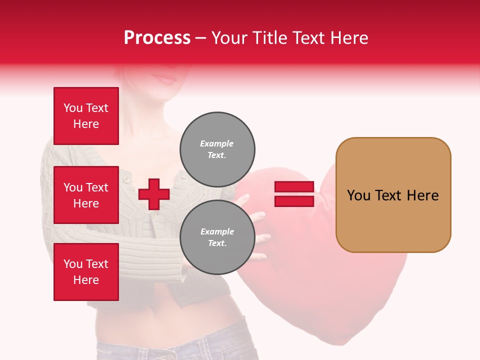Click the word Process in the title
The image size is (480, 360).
pos(157,38)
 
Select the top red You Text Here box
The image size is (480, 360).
pos(86,116)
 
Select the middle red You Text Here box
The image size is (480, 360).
pos(86,195)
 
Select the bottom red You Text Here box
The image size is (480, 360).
pos(86,272)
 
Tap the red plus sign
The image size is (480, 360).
pos(153,194)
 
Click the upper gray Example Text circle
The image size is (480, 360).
pos(217,149)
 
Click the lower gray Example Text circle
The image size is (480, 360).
pos(217,237)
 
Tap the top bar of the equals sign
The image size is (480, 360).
pos(294,187)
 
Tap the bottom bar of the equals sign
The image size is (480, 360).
pos(294,201)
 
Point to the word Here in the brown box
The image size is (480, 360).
pos(422,195)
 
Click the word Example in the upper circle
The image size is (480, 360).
pos(217,143)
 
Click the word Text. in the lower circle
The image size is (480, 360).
pos(217,243)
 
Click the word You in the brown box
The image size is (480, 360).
pos(358,195)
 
